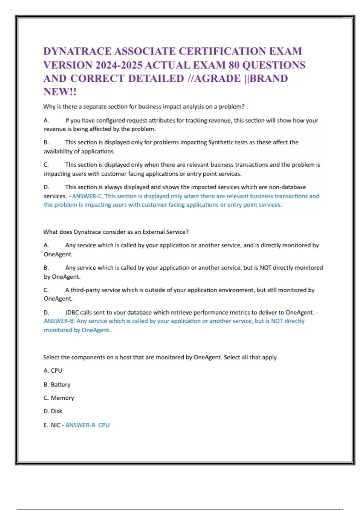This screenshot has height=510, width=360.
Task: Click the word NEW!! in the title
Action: point(60,92)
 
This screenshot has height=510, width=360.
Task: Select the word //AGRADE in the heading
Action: point(214,79)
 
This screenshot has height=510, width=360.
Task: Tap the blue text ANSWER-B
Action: point(59,321)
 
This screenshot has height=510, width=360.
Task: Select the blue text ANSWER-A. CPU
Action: point(87,425)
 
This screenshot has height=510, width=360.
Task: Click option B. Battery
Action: point(57,385)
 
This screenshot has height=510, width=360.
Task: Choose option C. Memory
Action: point(59,398)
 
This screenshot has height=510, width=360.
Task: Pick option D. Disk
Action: point(53,411)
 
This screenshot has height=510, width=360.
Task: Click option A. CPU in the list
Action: point(53,371)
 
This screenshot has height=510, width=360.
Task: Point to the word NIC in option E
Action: point(55,425)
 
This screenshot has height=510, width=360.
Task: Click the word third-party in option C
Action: point(85,290)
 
